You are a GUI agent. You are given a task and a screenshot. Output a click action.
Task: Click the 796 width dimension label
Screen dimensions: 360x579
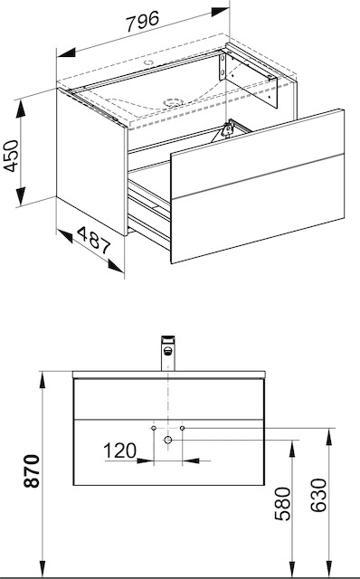(143, 21)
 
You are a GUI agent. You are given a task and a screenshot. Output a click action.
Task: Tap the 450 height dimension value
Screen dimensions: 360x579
(11, 156)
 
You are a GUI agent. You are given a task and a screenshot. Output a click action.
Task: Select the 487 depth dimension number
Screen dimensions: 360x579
(94, 241)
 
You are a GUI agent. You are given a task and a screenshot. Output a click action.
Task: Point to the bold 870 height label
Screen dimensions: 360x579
(32, 471)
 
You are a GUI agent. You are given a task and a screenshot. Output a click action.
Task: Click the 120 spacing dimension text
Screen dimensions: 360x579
(119, 451)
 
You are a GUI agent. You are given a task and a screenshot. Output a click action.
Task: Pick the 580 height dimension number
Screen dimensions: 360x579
(283, 503)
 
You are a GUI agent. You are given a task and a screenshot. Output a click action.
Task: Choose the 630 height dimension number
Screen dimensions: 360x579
(318, 495)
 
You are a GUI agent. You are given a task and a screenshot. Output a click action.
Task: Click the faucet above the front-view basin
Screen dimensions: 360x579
(167, 353)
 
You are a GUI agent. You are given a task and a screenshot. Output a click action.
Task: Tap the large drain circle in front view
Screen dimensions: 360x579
(168, 440)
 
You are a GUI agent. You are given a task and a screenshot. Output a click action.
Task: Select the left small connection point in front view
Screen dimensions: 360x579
(154, 428)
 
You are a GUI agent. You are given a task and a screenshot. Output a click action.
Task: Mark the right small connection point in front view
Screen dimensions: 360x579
(182, 428)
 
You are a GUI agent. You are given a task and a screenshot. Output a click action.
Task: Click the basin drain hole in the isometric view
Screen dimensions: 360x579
(173, 102)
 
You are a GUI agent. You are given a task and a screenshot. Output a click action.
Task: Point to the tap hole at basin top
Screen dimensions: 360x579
(149, 62)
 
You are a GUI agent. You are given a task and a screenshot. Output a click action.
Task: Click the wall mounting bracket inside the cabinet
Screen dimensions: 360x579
(248, 79)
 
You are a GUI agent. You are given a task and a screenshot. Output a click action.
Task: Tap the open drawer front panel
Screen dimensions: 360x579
(258, 186)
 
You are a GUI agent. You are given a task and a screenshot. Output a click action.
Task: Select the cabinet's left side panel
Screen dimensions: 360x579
(92, 161)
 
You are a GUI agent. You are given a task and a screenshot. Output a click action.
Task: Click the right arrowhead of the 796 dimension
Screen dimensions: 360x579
(221, 12)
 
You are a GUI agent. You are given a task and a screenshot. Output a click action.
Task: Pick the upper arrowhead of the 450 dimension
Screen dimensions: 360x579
(21, 109)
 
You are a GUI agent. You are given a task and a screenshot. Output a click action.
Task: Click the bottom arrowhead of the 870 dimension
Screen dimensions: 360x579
(43, 569)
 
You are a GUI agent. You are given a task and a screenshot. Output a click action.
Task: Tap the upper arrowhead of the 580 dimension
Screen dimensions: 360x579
(292, 449)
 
